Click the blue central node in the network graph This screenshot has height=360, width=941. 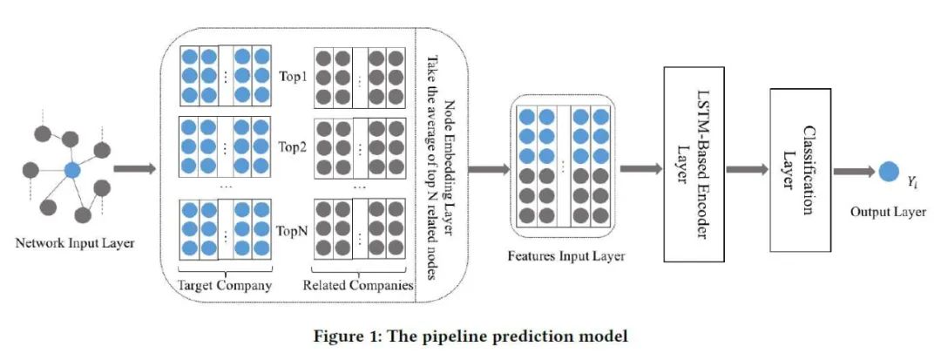pos(72,170)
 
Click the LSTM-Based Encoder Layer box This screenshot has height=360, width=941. pos(694,164)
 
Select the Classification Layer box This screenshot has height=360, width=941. pos(800,169)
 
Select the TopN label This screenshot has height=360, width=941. pos(294,229)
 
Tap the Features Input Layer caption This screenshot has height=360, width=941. pos(566,257)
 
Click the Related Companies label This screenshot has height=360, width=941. pos(358,285)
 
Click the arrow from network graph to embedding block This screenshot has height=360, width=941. pos(134,169)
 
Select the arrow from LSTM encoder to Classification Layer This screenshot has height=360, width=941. pos(748,169)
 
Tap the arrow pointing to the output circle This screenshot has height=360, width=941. pos(854,171)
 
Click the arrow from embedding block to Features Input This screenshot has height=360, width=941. pos(489,169)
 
